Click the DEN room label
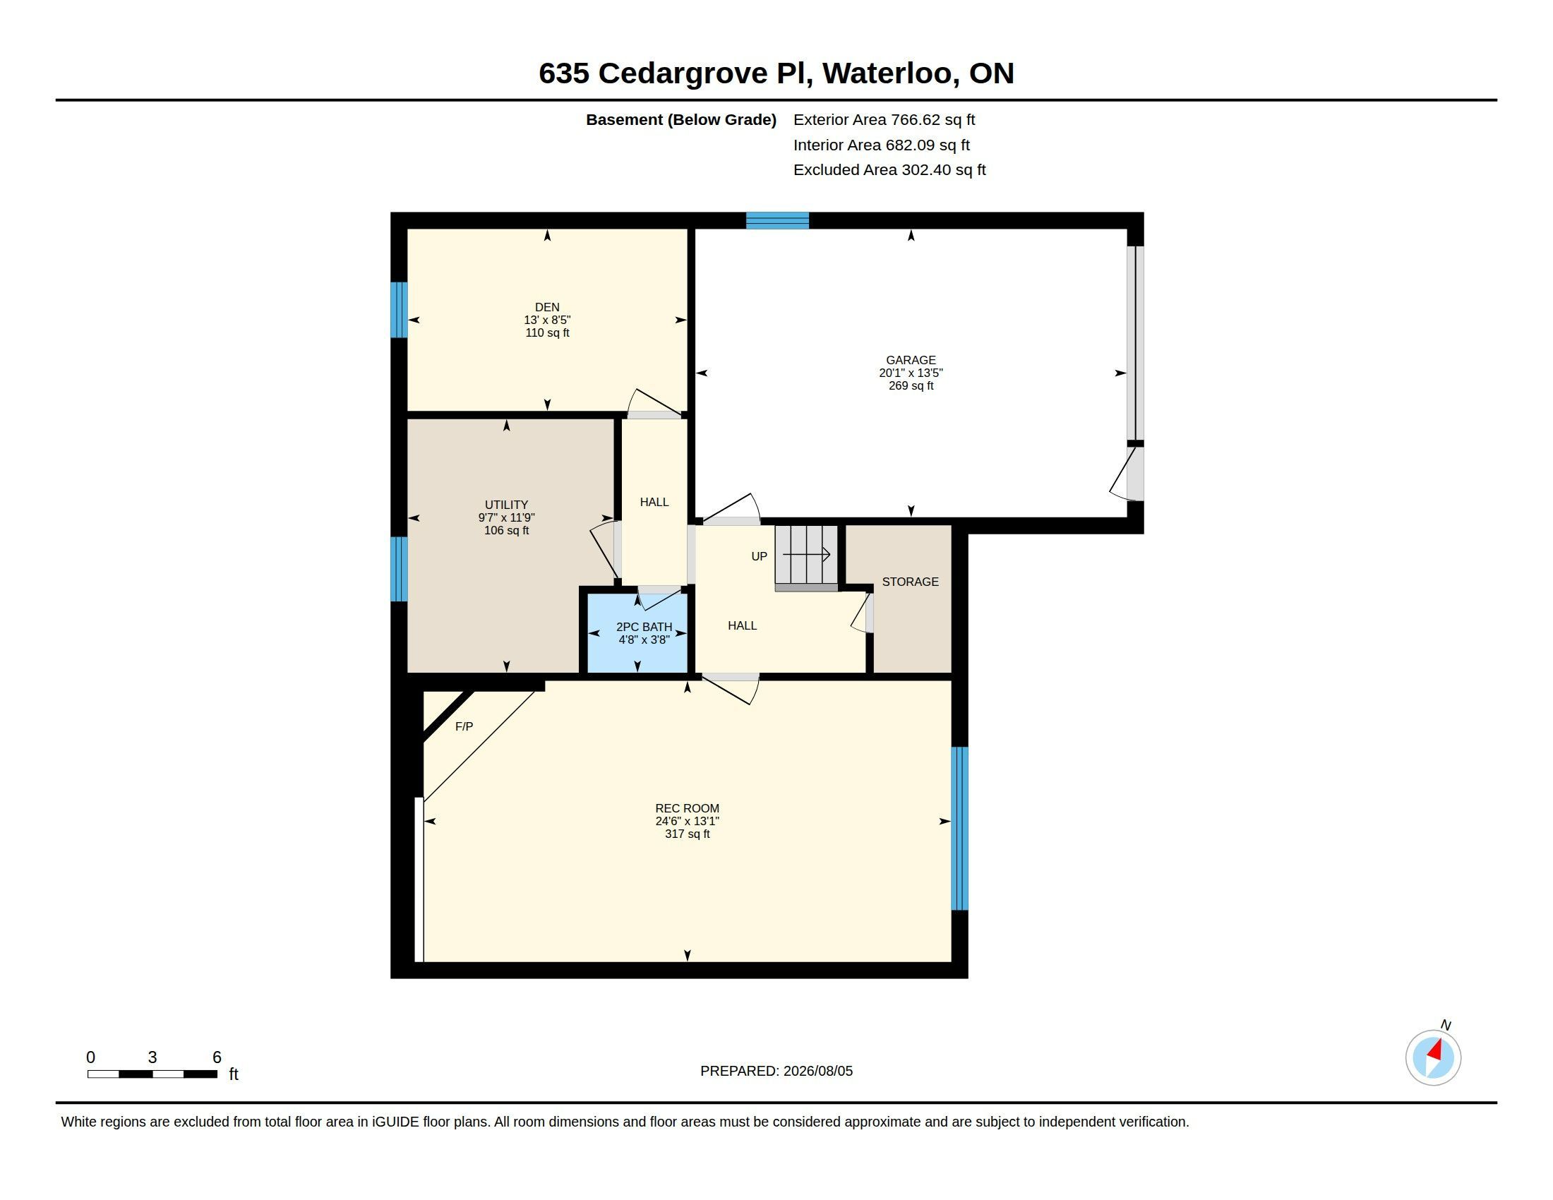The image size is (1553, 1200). (547, 307)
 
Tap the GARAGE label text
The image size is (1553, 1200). (911, 361)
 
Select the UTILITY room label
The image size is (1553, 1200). (506, 505)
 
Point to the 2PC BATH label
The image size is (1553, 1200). (644, 627)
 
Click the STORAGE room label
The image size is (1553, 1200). (910, 582)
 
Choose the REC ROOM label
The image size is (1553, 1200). (687, 808)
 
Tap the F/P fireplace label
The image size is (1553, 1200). (464, 726)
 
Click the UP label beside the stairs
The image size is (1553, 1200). (760, 557)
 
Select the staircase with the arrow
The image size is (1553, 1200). (806, 558)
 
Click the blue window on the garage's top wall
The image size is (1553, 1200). (777, 220)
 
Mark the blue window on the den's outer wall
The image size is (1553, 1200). (399, 310)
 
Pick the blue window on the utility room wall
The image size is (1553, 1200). (399, 569)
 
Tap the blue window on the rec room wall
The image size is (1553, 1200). (960, 828)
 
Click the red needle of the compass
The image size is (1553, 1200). (1436, 1051)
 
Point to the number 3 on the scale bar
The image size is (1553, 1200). (152, 1057)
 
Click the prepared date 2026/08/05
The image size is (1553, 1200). (817, 1071)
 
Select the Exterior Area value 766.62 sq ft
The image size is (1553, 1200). (933, 120)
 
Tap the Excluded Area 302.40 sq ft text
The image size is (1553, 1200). (889, 170)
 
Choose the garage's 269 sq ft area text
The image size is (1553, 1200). (911, 386)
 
